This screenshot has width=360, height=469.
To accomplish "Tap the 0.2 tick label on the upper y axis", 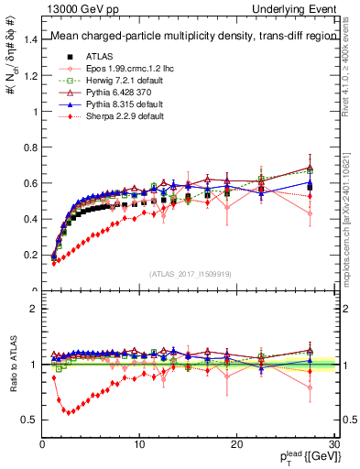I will point(32,256).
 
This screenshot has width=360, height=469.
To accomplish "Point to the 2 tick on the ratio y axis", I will point(37,309).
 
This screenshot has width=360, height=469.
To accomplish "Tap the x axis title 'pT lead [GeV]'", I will point(304,456).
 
